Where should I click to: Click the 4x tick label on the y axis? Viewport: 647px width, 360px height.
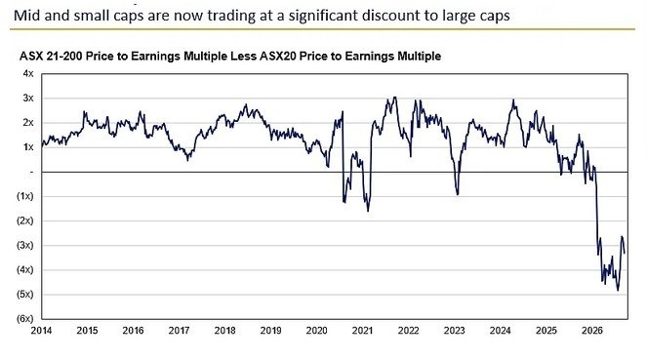click(x=28, y=73)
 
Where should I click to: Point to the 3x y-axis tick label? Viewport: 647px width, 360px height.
click(x=28, y=99)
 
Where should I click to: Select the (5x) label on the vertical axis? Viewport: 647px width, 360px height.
click(x=24, y=295)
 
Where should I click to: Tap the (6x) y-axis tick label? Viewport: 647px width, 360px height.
click(x=24, y=319)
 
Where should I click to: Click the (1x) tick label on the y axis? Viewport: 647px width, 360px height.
click(x=24, y=196)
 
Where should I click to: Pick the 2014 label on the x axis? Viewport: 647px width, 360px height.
click(x=41, y=331)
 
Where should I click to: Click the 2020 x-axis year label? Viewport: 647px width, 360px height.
click(x=316, y=331)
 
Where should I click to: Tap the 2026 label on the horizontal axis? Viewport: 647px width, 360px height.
click(x=592, y=331)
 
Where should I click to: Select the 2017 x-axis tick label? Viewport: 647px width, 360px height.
click(x=180, y=331)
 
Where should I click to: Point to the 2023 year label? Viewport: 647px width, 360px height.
click(x=455, y=331)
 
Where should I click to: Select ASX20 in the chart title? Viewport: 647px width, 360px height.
click(x=278, y=56)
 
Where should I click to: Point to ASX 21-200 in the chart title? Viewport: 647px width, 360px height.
click(x=51, y=56)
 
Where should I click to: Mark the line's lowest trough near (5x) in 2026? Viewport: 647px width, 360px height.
click(x=618, y=291)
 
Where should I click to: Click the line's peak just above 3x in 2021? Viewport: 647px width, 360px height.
click(x=395, y=98)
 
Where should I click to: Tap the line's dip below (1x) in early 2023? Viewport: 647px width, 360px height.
click(x=457, y=195)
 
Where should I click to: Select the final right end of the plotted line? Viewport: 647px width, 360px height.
click(x=625, y=254)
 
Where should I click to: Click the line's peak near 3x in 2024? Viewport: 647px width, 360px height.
click(x=513, y=100)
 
